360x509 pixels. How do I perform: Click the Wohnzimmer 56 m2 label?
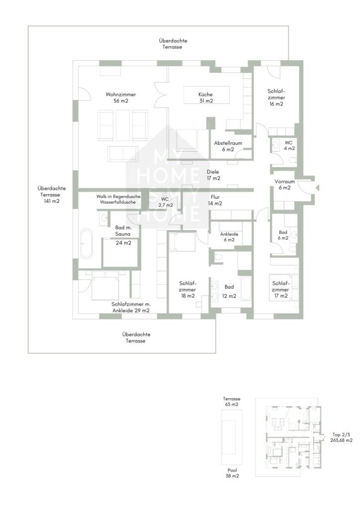point(121,98)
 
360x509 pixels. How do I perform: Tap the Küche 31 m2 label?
point(206,98)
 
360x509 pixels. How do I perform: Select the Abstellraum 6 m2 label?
point(228,146)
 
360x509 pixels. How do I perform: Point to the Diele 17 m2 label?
point(213,175)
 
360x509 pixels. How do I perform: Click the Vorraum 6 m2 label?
point(284,185)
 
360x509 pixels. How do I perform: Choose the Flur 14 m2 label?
point(215,200)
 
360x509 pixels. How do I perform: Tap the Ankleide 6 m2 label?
point(229,237)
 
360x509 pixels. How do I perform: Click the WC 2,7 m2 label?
point(166,202)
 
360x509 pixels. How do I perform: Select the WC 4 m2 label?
point(289,146)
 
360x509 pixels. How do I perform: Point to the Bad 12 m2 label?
point(229,291)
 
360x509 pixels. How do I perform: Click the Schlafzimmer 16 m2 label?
point(276,98)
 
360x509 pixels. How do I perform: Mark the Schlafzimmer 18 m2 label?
point(187,290)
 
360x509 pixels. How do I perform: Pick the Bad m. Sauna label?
point(123,231)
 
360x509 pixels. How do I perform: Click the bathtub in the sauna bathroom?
point(86,245)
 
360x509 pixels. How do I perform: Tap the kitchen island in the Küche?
point(206,95)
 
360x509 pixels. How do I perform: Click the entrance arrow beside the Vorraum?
point(317,187)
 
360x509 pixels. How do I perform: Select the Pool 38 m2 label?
point(232,473)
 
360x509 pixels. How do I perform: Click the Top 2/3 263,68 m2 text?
point(341,437)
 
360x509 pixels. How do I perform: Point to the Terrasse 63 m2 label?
point(232,402)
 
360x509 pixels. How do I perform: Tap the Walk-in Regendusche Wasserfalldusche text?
point(118,199)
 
